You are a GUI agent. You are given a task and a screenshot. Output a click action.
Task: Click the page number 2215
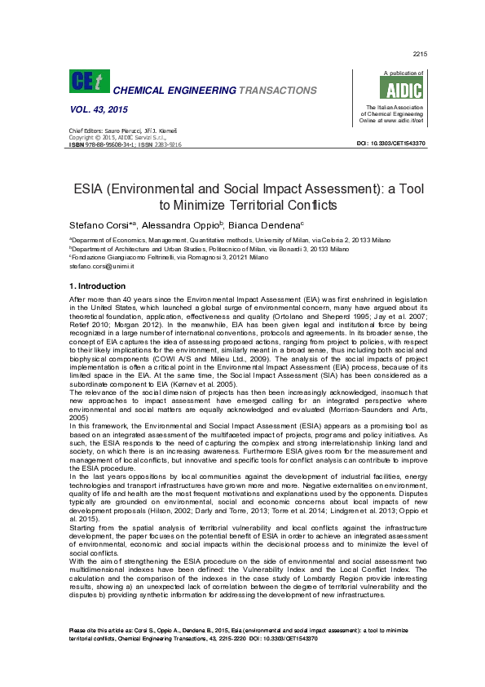point(421,54)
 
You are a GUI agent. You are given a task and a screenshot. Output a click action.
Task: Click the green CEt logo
point(87,82)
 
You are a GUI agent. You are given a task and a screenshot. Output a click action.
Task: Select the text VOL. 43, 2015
point(99,109)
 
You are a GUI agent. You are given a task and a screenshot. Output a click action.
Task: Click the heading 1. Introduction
point(97,286)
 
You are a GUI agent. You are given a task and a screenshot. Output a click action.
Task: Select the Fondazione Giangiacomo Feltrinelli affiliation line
point(169,257)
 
